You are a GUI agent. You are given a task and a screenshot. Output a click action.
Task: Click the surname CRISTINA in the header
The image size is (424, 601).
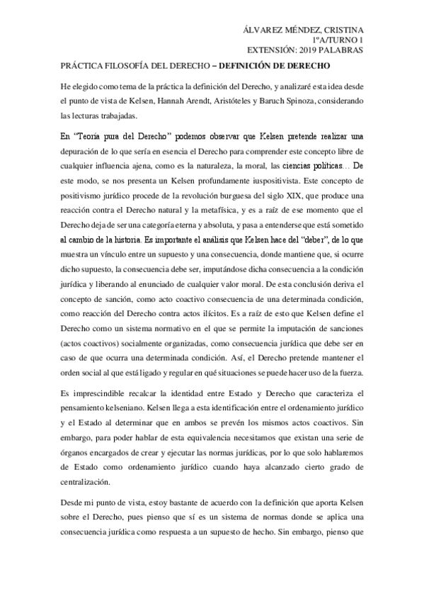[x=341, y=30]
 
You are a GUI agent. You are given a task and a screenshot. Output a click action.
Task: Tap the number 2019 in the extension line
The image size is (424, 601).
[x=317, y=51]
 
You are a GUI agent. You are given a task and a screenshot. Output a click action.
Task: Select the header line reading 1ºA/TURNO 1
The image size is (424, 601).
[x=338, y=41]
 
